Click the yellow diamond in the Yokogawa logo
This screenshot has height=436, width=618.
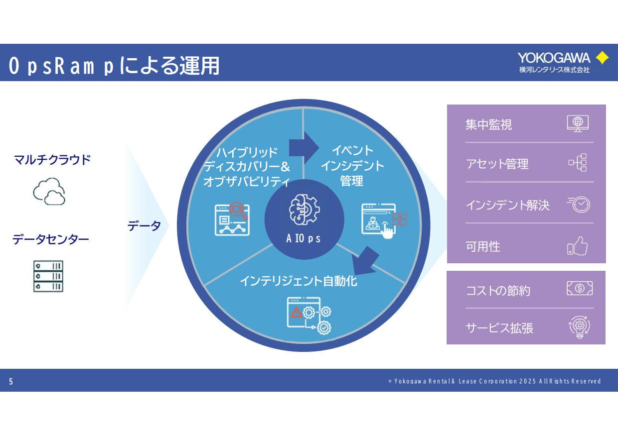602,58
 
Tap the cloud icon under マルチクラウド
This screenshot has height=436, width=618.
49,192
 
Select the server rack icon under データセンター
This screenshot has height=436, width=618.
48,276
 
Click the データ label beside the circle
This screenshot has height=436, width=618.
144,226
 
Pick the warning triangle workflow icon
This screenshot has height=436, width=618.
309,316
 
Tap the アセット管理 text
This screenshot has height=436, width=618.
497,164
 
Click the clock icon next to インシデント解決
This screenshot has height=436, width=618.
579,204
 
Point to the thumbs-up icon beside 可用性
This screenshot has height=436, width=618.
578,246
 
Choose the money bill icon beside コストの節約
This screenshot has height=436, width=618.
579,288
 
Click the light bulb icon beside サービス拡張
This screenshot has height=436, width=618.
579,328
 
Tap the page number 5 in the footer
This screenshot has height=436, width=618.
11,382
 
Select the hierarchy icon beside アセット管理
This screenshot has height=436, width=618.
578,163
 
